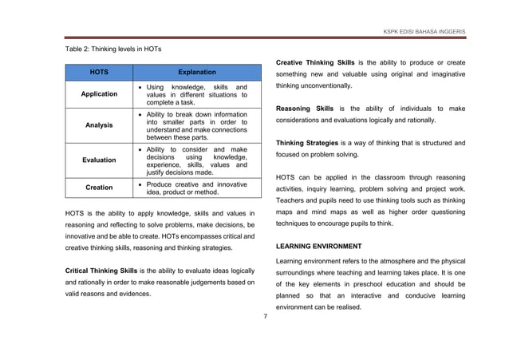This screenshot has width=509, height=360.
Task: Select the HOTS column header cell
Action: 99,72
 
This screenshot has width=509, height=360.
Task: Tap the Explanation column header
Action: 196,72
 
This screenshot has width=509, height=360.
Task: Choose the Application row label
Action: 99,94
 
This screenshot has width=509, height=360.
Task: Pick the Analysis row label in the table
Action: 99,125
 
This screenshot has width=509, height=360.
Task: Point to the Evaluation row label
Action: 99,160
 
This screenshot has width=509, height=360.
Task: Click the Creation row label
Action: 99,188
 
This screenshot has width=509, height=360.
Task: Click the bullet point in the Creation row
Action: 140,184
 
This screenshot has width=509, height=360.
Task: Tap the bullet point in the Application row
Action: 140,86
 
